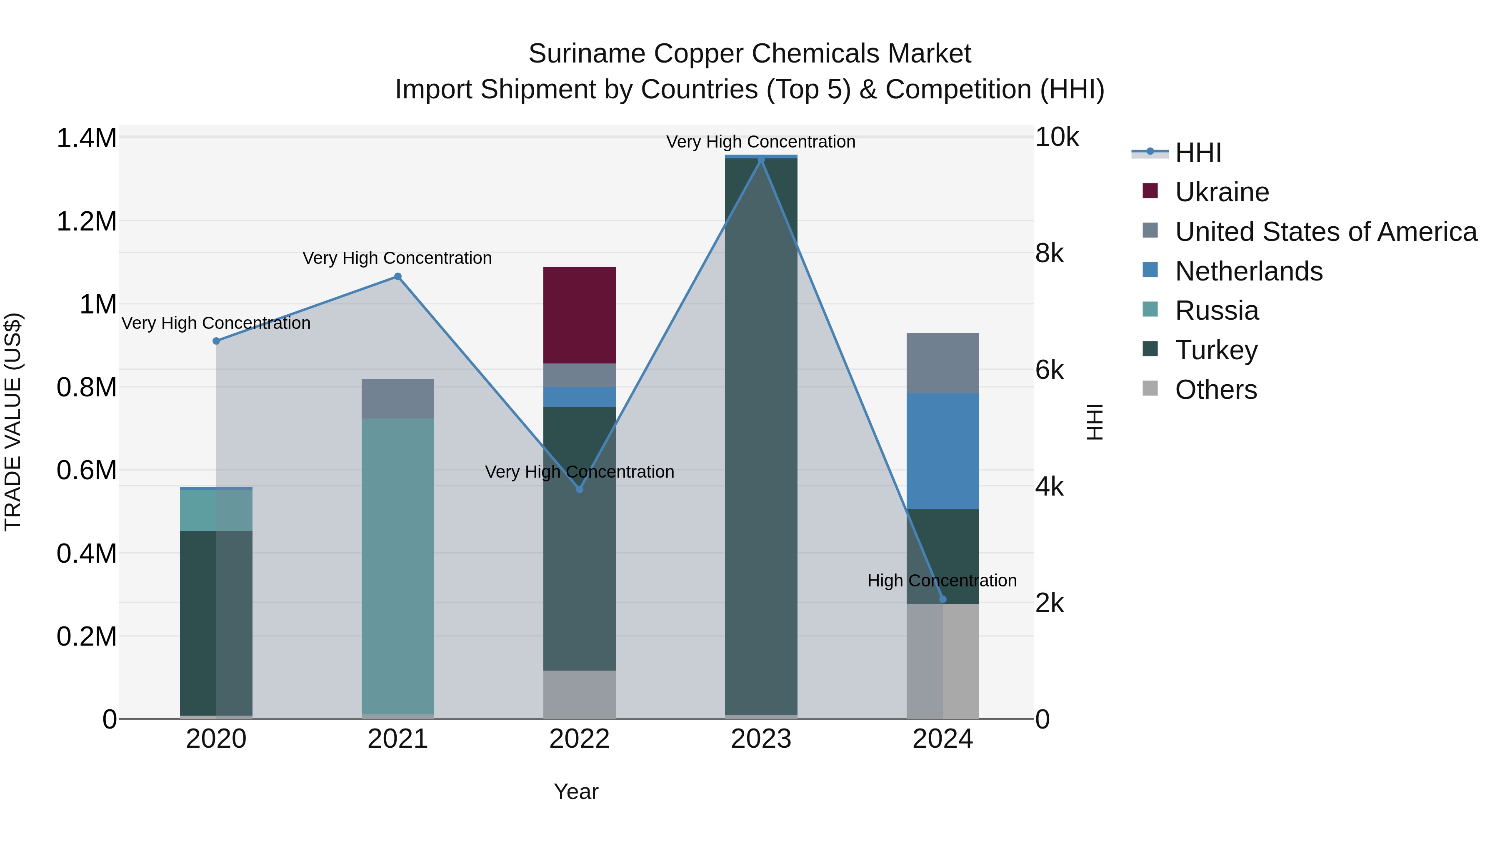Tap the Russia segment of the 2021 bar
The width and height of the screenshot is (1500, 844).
pyautogui.click(x=398, y=565)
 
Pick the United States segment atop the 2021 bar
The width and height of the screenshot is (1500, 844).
pyautogui.click(x=398, y=398)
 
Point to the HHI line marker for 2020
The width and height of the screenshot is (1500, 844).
pyautogui.click(x=216, y=341)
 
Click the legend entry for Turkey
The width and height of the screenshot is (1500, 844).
pyautogui.click(x=1216, y=350)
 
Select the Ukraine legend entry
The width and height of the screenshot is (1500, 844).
pyautogui.click(x=1222, y=192)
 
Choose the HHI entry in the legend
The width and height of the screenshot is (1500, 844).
pyautogui.click(x=1198, y=153)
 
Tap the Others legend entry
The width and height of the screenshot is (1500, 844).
pyautogui.click(x=1215, y=390)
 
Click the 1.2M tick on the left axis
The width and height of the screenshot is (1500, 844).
pyautogui.click(x=87, y=222)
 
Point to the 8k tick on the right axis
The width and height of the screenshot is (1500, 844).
pyautogui.click(x=1049, y=253)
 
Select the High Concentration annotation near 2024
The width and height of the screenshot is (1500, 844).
pyautogui.click(x=942, y=580)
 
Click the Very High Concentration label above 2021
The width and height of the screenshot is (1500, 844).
pyautogui.click(x=397, y=258)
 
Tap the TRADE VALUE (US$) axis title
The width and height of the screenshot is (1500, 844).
pyautogui.click(x=13, y=422)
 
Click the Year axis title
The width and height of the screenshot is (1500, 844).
pyautogui.click(x=575, y=791)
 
